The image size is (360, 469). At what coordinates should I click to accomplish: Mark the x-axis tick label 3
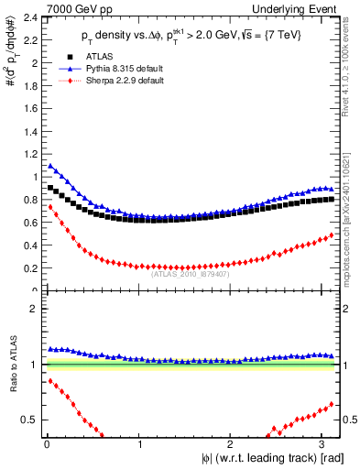click(x=320, y=444)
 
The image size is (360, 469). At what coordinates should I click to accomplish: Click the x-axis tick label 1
click(x=138, y=444)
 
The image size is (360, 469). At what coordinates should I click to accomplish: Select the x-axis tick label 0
click(x=48, y=444)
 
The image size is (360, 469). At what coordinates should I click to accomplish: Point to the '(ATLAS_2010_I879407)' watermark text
click(x=190, y=272)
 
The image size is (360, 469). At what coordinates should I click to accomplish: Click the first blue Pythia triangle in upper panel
click(x=50, y=166)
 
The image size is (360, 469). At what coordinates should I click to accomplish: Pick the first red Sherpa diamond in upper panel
click(x=50, y=207)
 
